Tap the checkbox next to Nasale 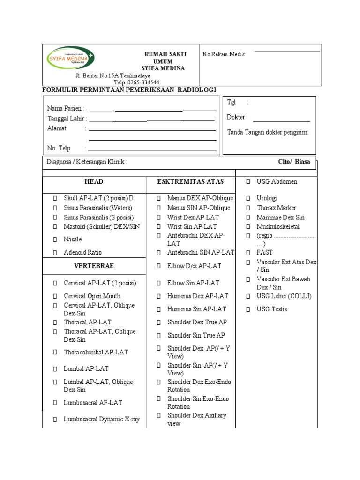[55, 240]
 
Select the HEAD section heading [94, 182]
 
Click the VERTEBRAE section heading [94, 266]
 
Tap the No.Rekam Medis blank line [287, 51]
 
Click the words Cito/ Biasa [293, 162]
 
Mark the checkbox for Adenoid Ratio [55, 253]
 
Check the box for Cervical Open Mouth [55, 296]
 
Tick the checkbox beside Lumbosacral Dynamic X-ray [55, 420]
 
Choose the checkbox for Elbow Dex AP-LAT [159, 266]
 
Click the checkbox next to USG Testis [248, 309]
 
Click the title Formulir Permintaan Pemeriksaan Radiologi [129, 90]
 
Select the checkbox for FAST [248, 252]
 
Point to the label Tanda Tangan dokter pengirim [268, 133]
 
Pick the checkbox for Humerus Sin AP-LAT [159, 309]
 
